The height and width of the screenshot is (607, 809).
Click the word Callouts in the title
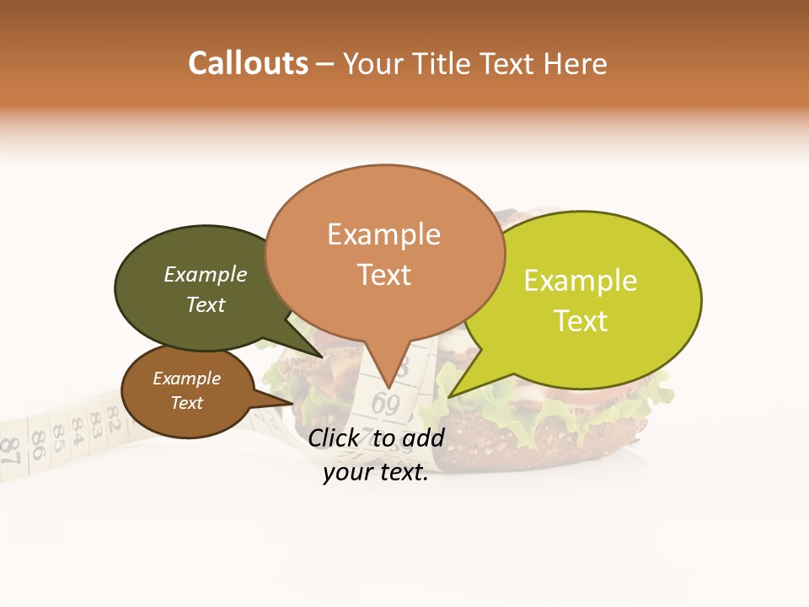pos(248,63)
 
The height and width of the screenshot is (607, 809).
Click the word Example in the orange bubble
pos(383,234)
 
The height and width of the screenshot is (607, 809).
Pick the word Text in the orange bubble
pos(383,275)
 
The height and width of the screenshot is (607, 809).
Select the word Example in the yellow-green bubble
pos(581,281)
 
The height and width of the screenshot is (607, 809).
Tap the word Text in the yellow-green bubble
pos(581,321)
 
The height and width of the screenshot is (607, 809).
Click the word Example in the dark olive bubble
pos(206,275)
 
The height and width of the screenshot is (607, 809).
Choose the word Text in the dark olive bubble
pos(206,304)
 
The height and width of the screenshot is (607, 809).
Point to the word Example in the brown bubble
pos(186,379)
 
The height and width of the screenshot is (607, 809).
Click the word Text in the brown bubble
pos(186,403)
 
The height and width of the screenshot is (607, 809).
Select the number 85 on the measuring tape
pos(56,437)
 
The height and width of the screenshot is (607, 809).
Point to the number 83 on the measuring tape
pos(95,419)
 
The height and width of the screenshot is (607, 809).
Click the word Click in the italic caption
pos(335,438)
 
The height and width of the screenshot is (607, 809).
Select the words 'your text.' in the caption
pos(376,472)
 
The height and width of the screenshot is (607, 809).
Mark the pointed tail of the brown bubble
pos(291,402)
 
